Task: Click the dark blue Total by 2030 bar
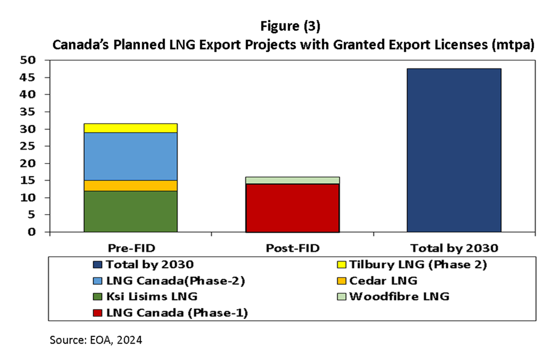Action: pos(453,150)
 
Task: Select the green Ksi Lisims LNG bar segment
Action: pos(130,211)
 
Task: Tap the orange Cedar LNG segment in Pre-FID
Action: pos(130,185)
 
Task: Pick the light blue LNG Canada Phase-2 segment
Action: pos(130,156)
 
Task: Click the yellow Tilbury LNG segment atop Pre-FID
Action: pos(130,128)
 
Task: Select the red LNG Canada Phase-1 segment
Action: pos(292,208)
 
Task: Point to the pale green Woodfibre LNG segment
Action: pos(292,181)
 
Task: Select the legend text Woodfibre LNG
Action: pos(399,297)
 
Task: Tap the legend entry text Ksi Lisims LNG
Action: pos(150,297)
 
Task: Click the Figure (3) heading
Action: pos(292,27)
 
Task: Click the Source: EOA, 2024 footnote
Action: pos(96,340)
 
